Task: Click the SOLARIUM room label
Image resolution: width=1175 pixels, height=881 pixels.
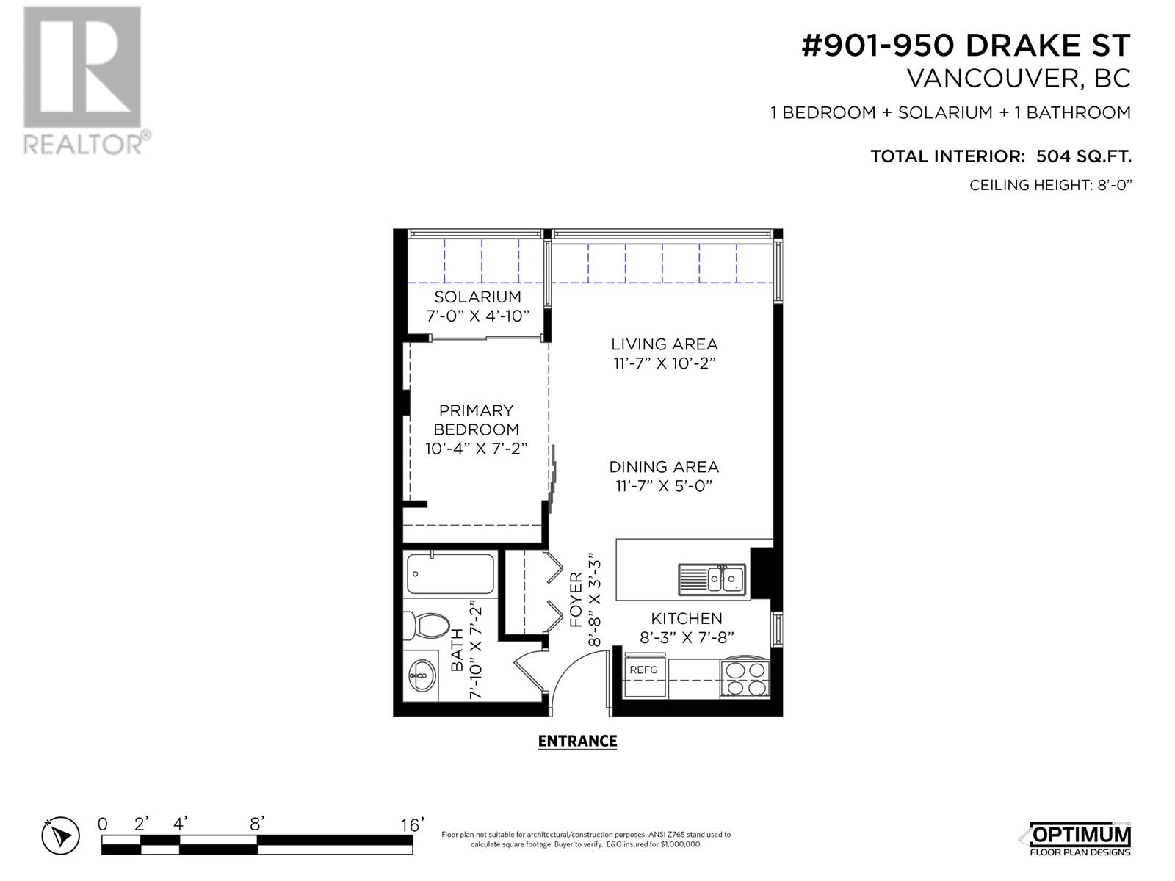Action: point(477,297)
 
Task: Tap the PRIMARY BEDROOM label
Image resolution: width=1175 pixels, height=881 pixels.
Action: point(476,420)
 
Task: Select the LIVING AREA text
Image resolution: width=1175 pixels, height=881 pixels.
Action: point(665,344)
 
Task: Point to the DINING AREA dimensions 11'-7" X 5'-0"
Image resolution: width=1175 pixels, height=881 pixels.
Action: point(664,486)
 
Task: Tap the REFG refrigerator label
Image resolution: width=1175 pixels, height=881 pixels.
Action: point(643,670)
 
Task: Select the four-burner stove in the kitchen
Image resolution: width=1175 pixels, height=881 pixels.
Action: point(745,678)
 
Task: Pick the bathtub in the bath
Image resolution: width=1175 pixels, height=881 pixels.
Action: point(450,574)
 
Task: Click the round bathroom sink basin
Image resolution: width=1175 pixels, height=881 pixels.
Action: point(422,675)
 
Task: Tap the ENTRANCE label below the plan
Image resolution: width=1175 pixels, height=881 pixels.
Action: point(578,741)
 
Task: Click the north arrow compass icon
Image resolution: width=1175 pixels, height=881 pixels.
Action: point(60,835)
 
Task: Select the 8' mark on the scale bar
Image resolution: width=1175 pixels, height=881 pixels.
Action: point(257,824)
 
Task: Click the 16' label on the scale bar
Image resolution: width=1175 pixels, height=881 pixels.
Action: point(412,824)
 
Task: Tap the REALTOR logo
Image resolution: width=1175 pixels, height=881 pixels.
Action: point(86,81)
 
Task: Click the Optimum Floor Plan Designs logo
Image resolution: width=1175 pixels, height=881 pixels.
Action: point(1076,838)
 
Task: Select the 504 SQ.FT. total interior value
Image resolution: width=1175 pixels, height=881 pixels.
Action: point(1084,156)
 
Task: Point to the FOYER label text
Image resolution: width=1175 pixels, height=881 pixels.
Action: point(576,599)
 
